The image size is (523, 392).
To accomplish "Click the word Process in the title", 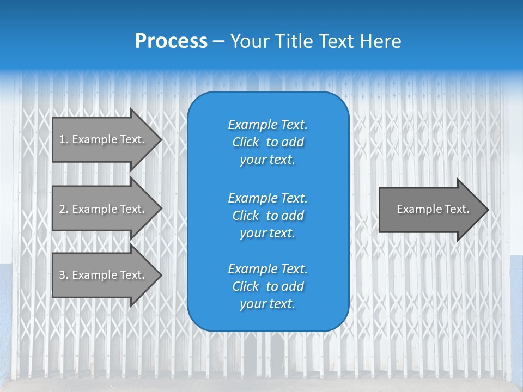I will (171, 41).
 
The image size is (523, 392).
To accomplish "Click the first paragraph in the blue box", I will (267, 142).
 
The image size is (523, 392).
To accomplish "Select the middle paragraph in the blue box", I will (267, 216).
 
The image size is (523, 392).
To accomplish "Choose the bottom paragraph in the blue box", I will (267, 286).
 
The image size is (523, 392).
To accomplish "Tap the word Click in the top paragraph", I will (245, 142).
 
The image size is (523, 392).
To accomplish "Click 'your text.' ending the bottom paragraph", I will (267, 304).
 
